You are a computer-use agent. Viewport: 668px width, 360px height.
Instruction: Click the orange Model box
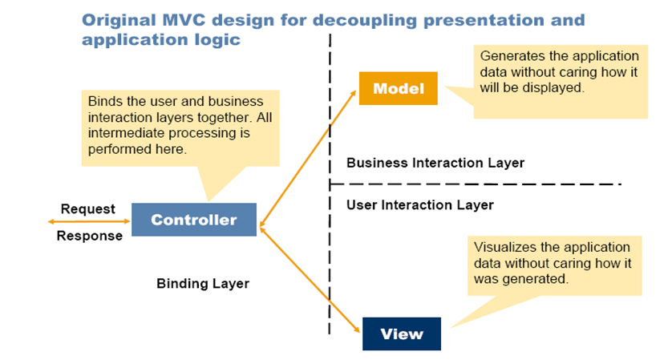coord(398,88)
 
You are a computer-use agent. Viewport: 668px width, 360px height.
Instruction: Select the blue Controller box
coord(194,220)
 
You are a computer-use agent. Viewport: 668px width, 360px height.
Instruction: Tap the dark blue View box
coord(401,334)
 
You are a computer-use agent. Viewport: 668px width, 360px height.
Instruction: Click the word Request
coord(88,209)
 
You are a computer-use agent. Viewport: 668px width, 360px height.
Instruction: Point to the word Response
coord(90,236)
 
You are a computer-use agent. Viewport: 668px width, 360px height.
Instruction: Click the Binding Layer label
coord(203,283)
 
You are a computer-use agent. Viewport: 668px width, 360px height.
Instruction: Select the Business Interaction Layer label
coord(435,163)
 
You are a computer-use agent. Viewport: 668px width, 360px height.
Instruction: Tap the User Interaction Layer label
coord(419,205)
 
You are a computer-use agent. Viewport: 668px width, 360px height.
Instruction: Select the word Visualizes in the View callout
coord(508,248)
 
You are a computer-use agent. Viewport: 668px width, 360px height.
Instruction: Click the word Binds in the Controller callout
coord(105,102)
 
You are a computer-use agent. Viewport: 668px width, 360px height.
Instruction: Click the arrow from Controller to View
coord(309,280)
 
